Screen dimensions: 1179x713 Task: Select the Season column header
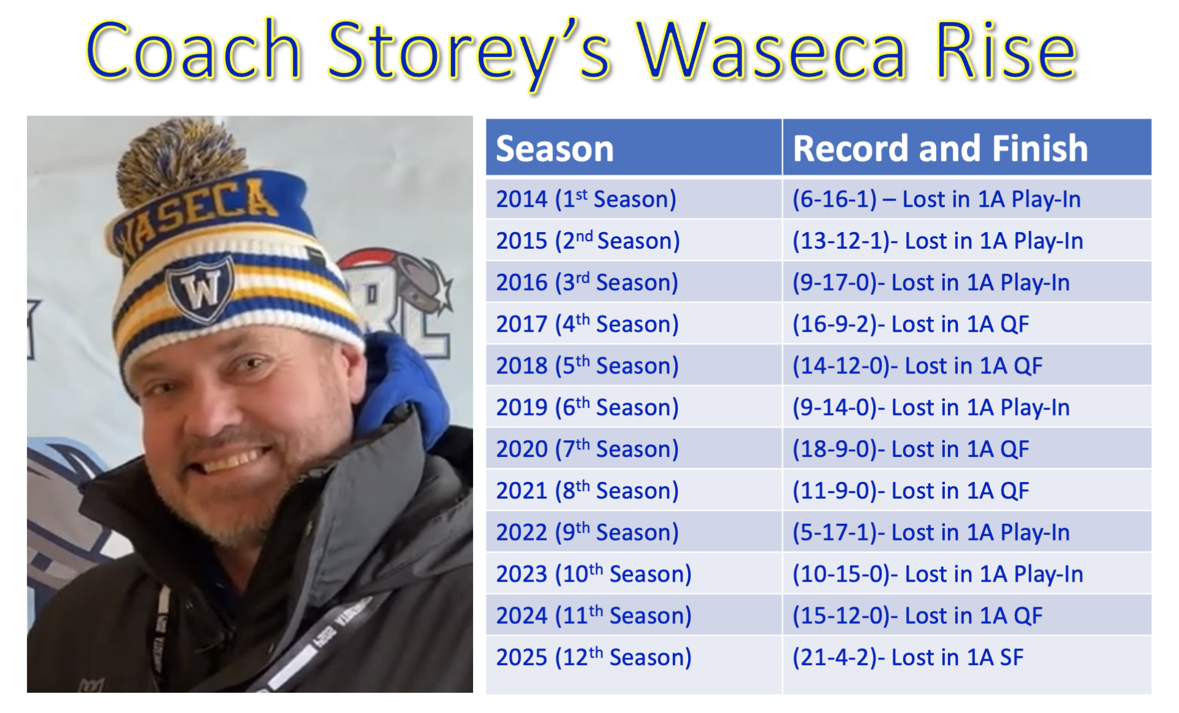[633, 147]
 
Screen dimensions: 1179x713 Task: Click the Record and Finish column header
[967, 147]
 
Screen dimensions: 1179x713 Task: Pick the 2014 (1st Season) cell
[633, 198]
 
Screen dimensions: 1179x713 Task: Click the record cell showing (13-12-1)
[967, 240]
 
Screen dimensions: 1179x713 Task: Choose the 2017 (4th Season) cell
[633, 323]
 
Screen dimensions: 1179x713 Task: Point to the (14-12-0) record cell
[967, 365]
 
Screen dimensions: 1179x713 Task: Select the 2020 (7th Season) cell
[633, 448]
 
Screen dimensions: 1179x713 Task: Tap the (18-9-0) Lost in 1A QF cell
[967, 448]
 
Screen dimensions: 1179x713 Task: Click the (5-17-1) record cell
[967, 531]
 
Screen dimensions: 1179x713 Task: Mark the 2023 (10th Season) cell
[633, 573]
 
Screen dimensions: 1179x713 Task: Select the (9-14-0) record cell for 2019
[967, 407]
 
